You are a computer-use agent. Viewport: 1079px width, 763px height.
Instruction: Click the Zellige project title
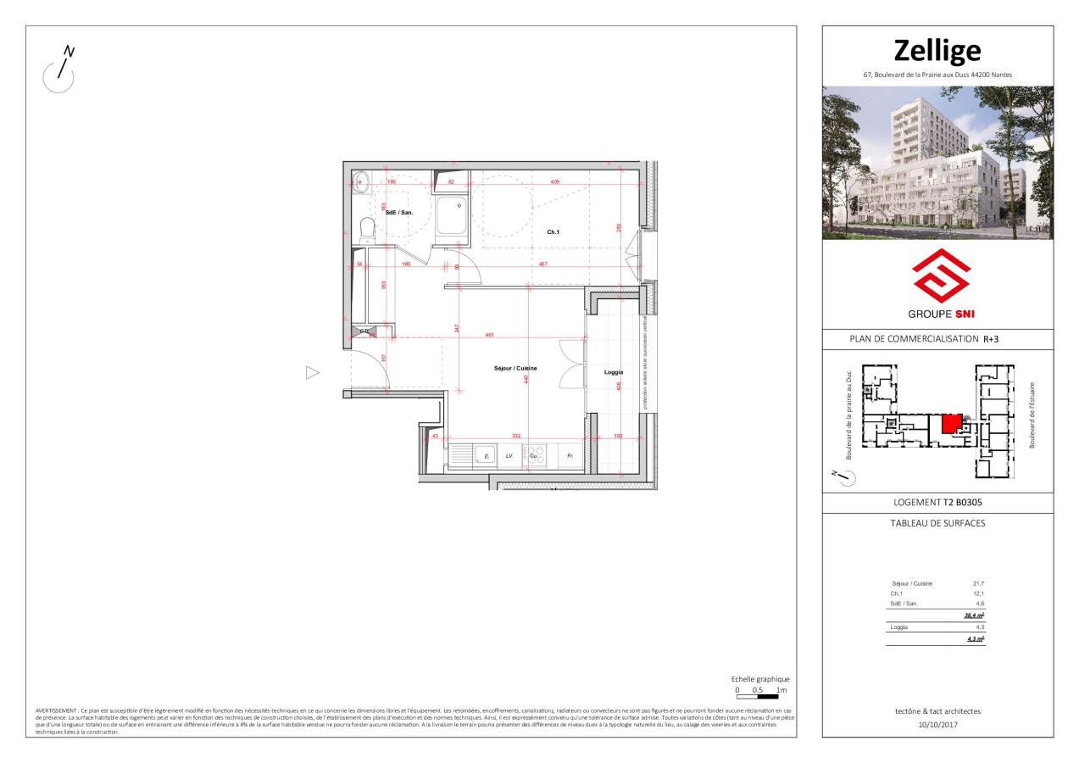937,51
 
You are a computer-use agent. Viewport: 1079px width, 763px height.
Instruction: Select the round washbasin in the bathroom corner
360,179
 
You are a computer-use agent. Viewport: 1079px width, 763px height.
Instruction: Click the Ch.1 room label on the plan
553,232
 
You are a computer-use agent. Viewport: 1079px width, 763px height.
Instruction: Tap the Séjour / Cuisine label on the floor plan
516,368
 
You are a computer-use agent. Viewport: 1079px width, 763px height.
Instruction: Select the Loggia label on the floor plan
614,371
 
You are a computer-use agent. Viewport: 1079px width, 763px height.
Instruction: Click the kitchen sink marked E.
486,456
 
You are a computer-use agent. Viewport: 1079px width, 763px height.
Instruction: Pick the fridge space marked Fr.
570,456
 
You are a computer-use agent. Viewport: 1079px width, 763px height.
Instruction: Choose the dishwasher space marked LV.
510,456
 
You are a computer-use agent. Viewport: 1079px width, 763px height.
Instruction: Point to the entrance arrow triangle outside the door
312,372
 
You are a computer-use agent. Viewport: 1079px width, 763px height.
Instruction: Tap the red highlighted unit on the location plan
953,423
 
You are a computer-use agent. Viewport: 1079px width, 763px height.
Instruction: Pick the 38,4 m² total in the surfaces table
974,615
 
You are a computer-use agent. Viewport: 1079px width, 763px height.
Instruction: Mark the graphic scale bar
761,696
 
